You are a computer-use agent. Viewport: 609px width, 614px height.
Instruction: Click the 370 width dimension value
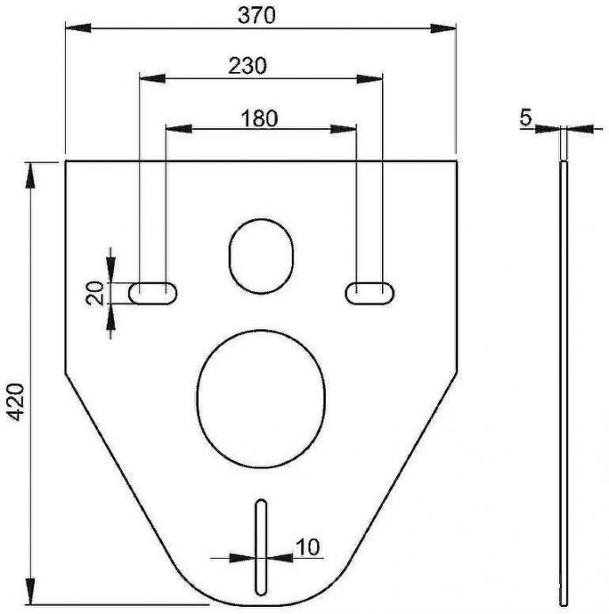click(256, 16)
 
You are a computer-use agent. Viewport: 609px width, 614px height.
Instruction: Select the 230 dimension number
click(247, 66)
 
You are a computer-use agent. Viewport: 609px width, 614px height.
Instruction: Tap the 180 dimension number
click(259, 118)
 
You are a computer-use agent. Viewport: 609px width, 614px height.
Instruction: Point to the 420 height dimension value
click(17, 402)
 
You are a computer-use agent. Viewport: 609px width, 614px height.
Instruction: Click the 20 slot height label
click(96, 293)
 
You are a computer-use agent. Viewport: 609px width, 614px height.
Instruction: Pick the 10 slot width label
click(308, 547)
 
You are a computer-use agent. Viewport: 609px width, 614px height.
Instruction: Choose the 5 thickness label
click(526, 117)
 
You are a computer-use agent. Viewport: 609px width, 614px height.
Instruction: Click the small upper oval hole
click(261, 256)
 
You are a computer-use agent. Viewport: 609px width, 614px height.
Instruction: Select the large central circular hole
click(261, 398)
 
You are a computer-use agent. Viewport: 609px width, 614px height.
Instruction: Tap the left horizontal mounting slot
click(153, 293)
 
